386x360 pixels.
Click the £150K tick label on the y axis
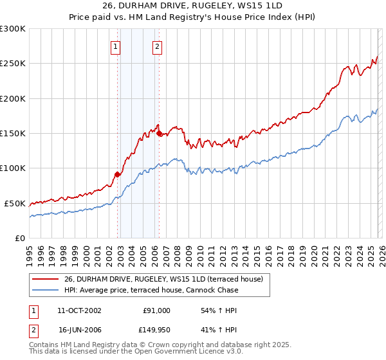13,134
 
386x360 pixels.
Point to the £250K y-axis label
13,64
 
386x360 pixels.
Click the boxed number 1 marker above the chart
115,46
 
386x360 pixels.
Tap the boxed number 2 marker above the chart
157,46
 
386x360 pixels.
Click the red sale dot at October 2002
118,174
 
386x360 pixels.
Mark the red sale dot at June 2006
159,133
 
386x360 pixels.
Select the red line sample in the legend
45,280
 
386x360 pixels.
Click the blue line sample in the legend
45,291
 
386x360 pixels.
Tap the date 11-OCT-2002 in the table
79,310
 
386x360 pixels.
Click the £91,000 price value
156,310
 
